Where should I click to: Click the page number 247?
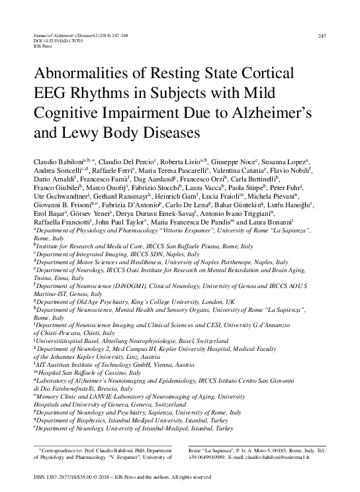pos(322,36)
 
